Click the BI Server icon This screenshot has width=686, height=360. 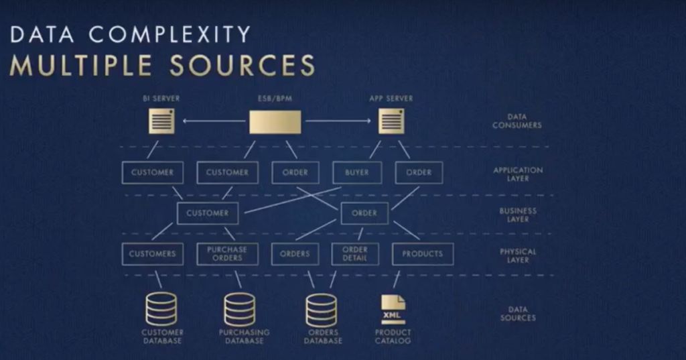click(161, 121)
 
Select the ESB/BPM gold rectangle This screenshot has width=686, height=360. click(275, 121)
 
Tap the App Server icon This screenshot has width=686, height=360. click(391, 121)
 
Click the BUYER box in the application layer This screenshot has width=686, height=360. click(357, 172)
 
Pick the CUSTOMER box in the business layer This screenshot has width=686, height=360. click(208, 213)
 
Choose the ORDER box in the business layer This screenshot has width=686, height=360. click(364, 213)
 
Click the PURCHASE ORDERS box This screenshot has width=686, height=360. click(227, 254)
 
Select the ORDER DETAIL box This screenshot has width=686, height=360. click(355, 254)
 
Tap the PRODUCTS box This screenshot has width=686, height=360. click(423, 254)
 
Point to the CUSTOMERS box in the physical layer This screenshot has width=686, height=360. click(152, 254)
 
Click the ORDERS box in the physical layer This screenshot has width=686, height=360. click(295, 254)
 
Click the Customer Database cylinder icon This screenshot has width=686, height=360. click(161, 309)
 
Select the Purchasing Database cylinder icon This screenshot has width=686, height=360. click(240, 309)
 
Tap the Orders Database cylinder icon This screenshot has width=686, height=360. click(322, 309)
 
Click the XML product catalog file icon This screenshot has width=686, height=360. click(393, 310)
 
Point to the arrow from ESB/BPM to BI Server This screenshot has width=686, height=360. click(214, 121)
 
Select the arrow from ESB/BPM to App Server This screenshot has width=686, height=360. click(337, 121)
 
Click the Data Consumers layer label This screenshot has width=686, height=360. click(517, 121)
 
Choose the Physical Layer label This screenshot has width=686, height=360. click(518, 255)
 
